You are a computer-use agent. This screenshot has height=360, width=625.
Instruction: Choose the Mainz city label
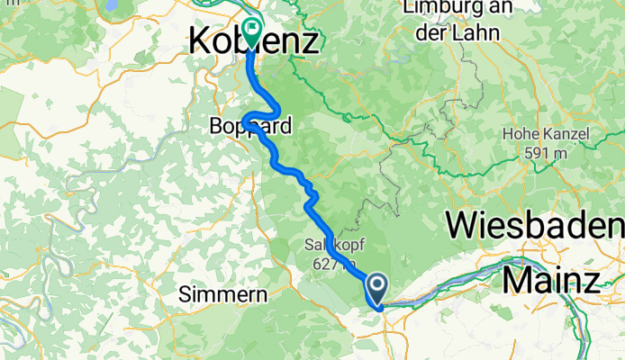coord(550,280)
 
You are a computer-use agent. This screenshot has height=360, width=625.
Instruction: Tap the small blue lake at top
coord(112,4)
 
